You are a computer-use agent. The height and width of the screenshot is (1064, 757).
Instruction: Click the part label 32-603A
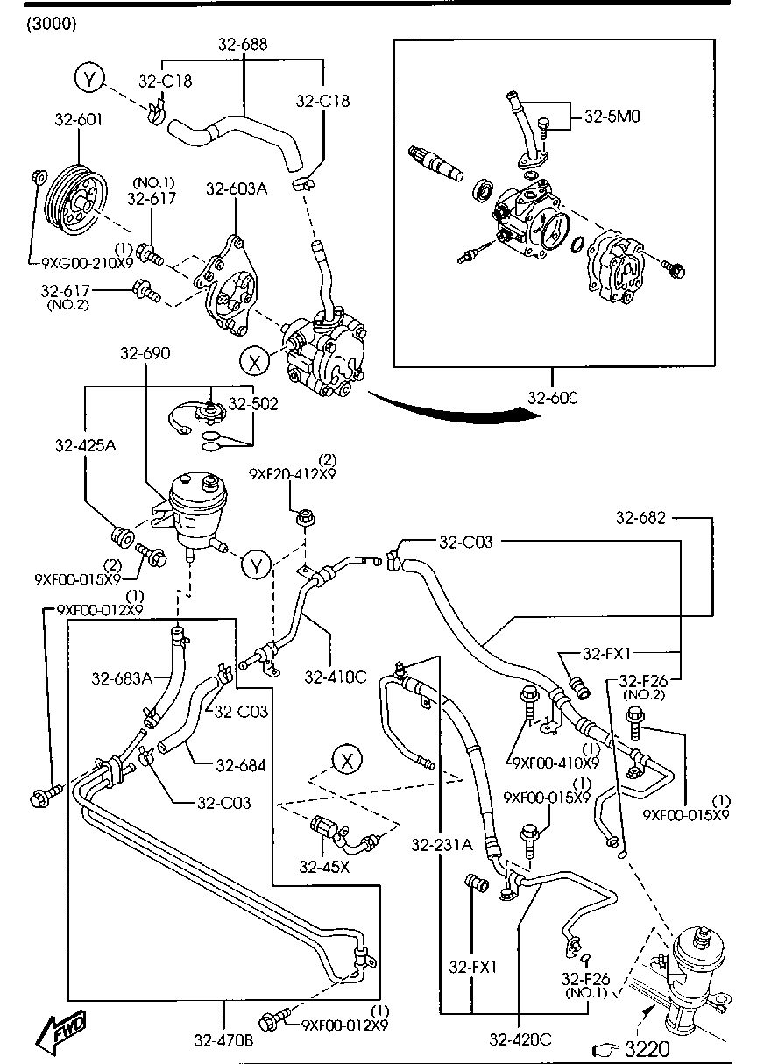pos(237,188)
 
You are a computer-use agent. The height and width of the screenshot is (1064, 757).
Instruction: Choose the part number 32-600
pos(553,397)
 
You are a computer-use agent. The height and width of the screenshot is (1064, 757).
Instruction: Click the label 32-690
pos(145,353)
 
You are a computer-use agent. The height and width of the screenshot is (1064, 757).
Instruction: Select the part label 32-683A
pos(123,677)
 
